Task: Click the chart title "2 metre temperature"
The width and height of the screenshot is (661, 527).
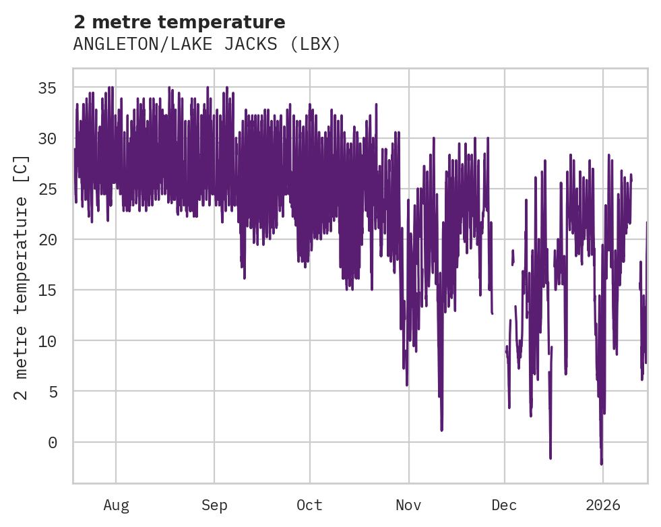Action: click(179, 22)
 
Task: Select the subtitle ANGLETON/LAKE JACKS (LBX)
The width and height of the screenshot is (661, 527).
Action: click(207, 44)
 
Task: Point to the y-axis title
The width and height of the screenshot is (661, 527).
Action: click(22, 277)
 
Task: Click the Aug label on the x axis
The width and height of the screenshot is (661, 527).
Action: click(116, 505)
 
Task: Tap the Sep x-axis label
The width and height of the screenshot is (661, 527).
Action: click(214, 505)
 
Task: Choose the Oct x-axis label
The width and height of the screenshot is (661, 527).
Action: click(310, 505)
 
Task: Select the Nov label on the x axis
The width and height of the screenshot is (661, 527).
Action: click(409, 505)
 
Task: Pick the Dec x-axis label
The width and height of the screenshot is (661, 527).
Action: click(504, 505)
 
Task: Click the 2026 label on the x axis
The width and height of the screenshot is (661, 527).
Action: click(603, 505)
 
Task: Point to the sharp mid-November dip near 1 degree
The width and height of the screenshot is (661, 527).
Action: click(442, 429)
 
